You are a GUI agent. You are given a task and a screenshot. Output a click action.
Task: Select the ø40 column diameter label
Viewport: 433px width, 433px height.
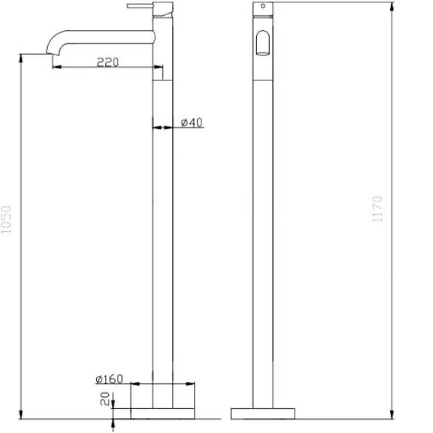(192, 122)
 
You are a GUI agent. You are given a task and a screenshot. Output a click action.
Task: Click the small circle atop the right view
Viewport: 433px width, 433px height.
(263, 6)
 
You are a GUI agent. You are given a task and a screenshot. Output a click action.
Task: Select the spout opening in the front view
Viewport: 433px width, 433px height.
(263, 43)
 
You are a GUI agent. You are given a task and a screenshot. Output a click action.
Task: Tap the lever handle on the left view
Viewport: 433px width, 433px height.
(140, 6)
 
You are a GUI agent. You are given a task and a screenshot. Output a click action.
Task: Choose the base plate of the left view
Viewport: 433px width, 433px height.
(162, 413)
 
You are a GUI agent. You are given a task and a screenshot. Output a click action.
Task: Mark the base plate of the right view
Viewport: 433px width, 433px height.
(263, 413)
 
